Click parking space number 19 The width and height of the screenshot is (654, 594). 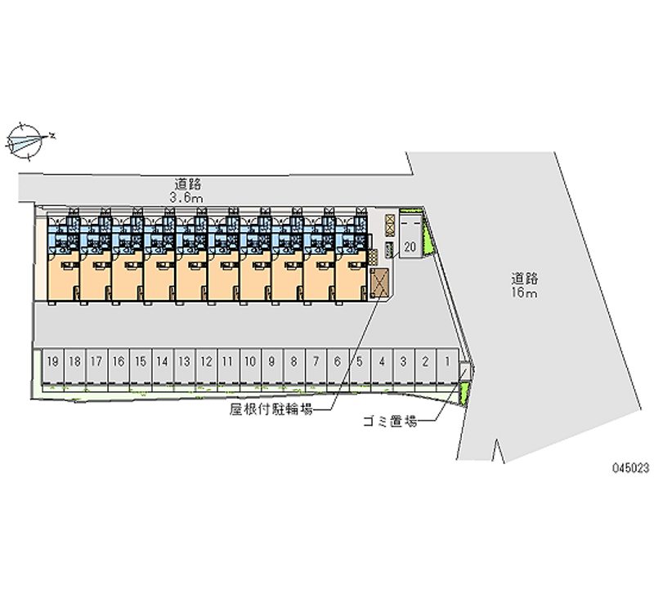tap(52, 360)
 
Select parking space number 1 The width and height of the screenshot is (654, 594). tap(448, 360)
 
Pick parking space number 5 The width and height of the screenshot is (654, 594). tap(360, 360)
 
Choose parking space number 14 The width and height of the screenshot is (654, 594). tap(163, 360)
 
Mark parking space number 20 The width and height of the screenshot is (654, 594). tap(410, 245)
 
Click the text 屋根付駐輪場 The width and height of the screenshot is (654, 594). tap(277, 412)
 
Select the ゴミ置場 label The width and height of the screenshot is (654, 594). tap(389, 422)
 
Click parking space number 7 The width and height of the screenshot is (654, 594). tap(316, 360)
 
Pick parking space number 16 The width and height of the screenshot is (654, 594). tap(119, 360)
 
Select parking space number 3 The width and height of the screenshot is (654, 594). tap(404, 360)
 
